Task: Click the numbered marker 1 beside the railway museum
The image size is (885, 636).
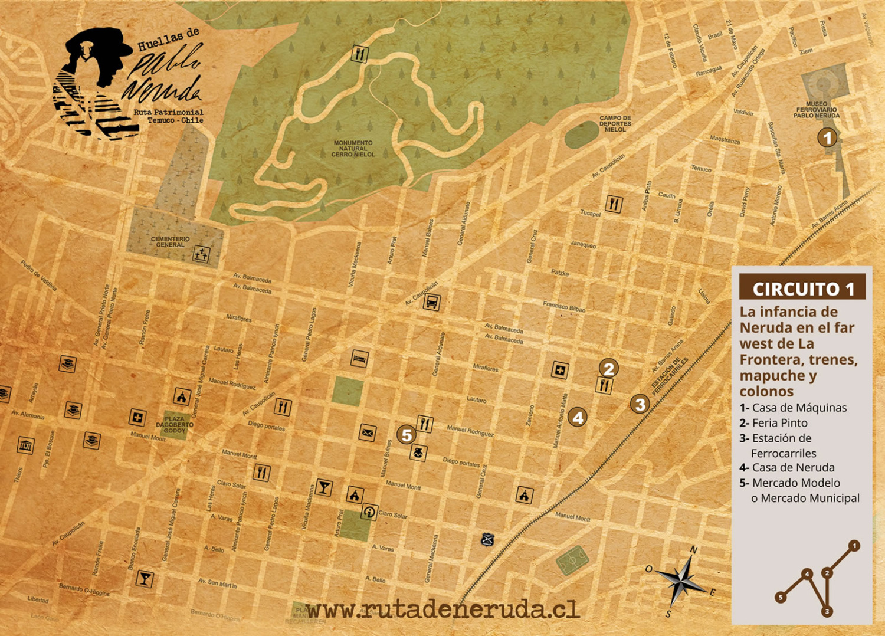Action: [x=827, y=138]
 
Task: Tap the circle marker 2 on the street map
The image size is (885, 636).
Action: [x=609, y=368]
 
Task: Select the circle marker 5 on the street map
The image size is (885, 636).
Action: [x=406, y=435]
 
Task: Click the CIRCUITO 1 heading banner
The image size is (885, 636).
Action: [x=802, y=289]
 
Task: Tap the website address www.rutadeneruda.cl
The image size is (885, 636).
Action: [x=443, y=610]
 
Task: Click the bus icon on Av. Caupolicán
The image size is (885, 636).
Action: [x=432, y=303]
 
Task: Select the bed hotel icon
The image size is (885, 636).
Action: [x=360, y=358]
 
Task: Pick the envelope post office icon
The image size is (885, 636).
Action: [x=367, y=432]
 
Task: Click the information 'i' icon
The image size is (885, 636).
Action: [x=369, y=512]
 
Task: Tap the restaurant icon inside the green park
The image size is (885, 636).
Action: [x=359, y=54]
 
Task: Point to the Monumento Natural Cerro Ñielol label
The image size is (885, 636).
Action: [x=353, y=149]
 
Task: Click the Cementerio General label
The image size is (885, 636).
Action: [x=170, y=242]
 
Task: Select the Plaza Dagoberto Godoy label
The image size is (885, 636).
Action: [x=175, y=425]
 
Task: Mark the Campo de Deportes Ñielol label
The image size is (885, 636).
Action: [x=615, y=123]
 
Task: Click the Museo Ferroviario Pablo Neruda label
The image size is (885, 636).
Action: [x=817, y=110]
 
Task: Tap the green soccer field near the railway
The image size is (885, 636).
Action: [x=572, y=560]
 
